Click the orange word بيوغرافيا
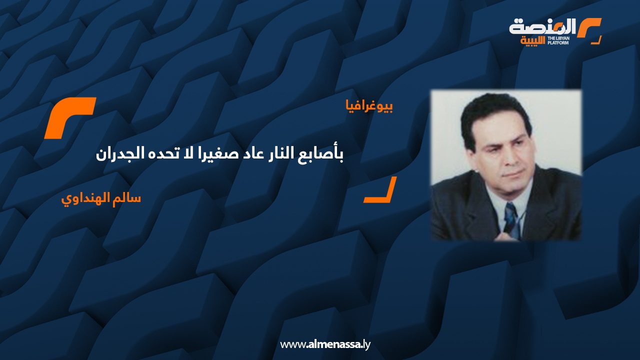point(369,106)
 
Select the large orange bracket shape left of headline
point(70,118)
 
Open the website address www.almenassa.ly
point(325,344)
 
